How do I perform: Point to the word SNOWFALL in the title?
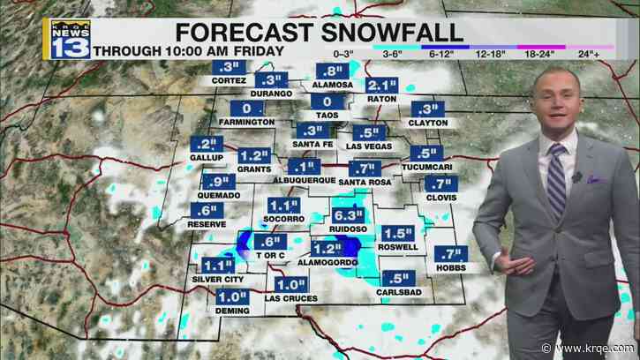(389, 34)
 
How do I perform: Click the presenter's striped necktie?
(556, 182)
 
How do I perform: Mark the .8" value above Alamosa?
(333, 71)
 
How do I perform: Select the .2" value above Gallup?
(208, 144)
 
